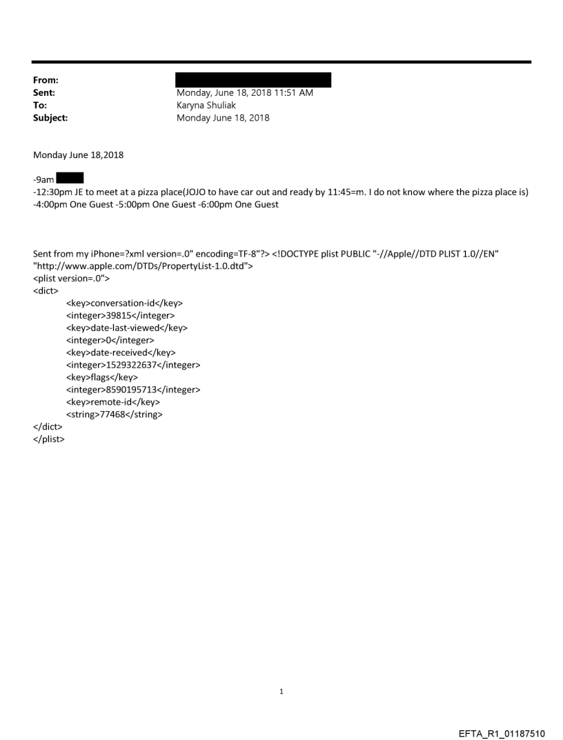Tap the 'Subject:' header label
[x=50, y=118]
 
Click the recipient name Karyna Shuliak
[x=206, y=106]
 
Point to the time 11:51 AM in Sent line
[x=293, y=93]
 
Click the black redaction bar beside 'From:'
[x=253, y=80]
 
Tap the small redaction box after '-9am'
[x=70, y=179]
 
